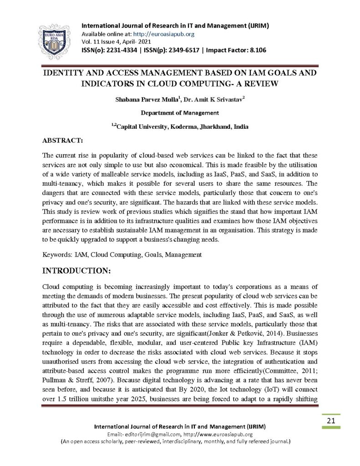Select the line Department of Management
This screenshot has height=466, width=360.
pos(180,113)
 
